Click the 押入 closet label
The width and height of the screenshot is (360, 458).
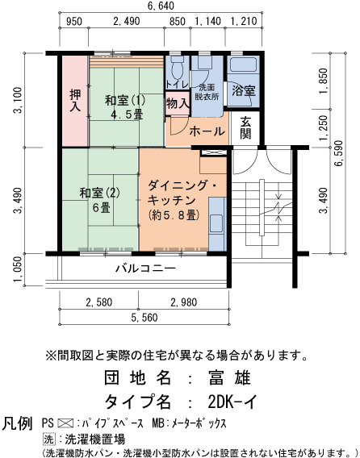click(x=73, y=99)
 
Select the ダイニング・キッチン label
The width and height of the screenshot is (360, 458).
click(x=182, y=190)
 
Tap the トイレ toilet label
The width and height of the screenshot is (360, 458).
click(x=177, y=84)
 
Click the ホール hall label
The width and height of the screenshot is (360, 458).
click(x=207, y=131)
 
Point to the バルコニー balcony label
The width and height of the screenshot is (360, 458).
click(x=144, y=267)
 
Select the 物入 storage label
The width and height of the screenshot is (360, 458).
click(x=178, y=103)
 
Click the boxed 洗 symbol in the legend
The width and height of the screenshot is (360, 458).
click(x=48, y=439)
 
